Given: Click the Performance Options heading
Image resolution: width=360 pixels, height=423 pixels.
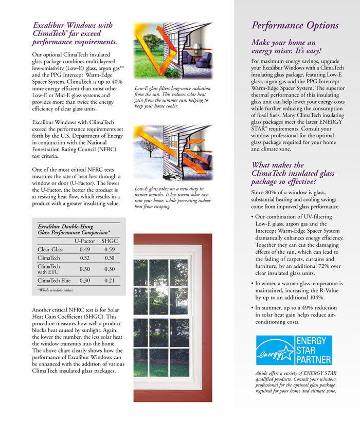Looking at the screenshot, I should coord(295,25).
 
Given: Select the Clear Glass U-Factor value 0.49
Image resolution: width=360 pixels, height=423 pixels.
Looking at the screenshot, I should coord(84,250).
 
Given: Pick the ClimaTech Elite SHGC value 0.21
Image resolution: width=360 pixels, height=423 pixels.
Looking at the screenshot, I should coord(109,281).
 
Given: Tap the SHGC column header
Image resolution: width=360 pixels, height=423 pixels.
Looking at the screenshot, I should coord(109,240).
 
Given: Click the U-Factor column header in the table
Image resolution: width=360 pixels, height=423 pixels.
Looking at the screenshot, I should coord(84,240).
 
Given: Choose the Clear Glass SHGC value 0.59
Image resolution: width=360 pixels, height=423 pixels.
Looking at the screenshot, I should coord(109,250).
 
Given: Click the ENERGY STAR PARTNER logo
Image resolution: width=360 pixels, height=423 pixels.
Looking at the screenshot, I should coord(294,350).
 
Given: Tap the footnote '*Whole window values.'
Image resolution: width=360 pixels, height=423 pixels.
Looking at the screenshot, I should coord(56,290).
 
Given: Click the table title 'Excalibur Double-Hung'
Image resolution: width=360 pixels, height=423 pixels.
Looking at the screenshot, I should coord(65,226).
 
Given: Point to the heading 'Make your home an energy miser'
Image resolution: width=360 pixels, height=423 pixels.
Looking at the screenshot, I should coord(286,47).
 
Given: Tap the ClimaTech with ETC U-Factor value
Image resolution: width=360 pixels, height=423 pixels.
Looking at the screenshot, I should coord(84,269).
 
